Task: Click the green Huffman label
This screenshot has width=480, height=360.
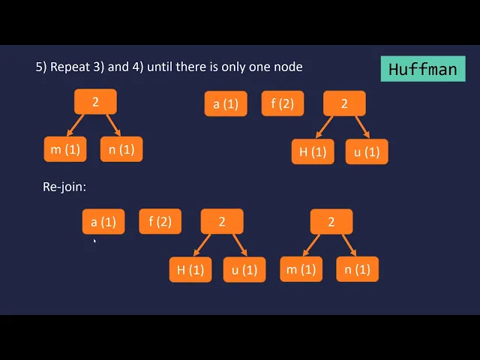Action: pos(422,70)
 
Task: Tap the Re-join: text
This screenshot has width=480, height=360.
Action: pos(64,187)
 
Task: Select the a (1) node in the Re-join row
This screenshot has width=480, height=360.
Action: pos(103,222)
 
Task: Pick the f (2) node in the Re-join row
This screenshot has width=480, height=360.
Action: pos(160,221)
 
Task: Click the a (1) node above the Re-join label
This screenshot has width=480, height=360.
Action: pos(226,103)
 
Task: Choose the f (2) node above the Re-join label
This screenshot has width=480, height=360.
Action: pos(282,103)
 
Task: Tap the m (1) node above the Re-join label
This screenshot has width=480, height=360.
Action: pos(65,149)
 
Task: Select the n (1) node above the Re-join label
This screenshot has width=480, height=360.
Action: pos(121,149)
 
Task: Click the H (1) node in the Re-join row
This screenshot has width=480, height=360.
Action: pos(190,269)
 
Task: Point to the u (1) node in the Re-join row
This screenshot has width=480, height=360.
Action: pos(244,269)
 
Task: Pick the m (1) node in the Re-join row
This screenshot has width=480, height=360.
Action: pos(301,269)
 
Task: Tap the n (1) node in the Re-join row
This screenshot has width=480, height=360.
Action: pos(357,269)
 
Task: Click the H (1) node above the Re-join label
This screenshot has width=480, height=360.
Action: pos(313,152)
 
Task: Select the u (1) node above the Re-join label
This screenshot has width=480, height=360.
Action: pos(367,152)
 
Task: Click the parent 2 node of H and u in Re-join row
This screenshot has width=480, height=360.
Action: pos(222,221)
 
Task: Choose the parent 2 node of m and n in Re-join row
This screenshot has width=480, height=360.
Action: pos(331,221)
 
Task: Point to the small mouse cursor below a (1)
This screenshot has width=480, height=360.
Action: pos(94,241)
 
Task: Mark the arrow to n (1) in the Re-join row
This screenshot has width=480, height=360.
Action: pos(348,245)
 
